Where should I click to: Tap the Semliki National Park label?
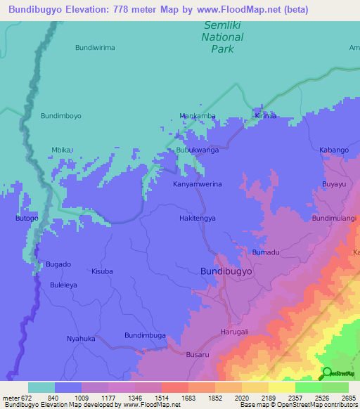click(223, 37)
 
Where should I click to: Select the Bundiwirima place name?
click(95, 48)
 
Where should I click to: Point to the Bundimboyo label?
click(61, 116)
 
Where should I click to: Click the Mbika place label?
click(63, 150)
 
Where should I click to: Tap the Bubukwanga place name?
click(197, 150)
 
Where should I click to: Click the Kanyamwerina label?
click(198, 184)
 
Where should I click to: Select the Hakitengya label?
click(197, 219)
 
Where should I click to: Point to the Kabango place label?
click(334, 150)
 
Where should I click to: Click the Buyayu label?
click(334, 184)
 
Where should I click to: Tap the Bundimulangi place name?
click(334, 219)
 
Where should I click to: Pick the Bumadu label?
click(266, 252)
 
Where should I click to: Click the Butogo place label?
click(27, 219)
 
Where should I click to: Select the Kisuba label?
click(102, 271)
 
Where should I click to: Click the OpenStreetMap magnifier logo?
click(328, 372)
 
